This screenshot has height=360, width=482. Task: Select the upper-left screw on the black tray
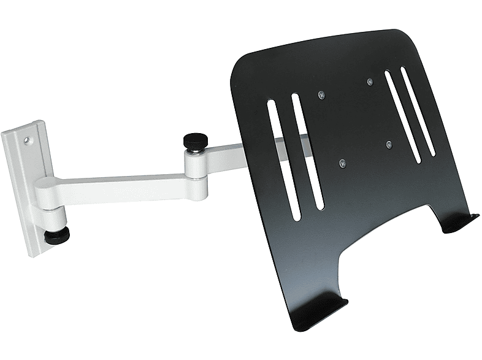(x=321, y=94)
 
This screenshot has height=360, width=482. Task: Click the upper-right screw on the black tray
(x=369, y=81)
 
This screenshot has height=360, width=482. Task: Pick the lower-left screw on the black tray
(x=342, y=163)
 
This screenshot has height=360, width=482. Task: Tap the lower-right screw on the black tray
(x=389, y=145)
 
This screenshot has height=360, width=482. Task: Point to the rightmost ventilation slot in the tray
(x=418, y=110)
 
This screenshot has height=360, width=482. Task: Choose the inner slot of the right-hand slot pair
(x=402, y=117)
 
